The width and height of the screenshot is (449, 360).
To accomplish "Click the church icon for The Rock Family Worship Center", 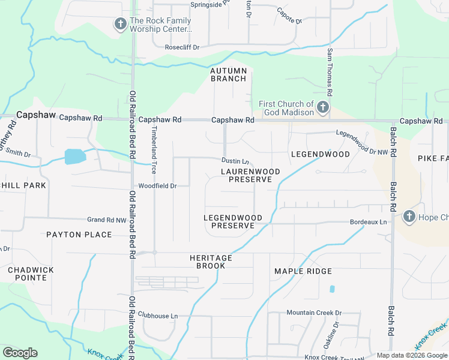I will [119, 24].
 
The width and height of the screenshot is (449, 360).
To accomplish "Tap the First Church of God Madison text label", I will [286, 109].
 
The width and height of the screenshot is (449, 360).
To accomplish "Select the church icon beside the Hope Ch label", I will [409, 216].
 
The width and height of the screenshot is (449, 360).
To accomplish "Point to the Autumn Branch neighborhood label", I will [228, 74].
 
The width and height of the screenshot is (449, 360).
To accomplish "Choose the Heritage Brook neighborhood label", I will [211, 262].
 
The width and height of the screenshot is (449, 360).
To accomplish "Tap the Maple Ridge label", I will [303, 272].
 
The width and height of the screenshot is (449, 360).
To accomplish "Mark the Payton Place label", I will [79, 235].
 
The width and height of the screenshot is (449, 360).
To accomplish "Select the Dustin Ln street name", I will [235, 161].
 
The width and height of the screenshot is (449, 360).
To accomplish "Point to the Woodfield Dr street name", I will [157, 186].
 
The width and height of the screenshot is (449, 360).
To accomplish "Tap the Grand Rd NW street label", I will [107, 220].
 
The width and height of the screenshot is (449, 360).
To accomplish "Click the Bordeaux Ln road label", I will [369, 222].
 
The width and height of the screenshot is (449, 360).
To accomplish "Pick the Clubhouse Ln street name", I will [158, 316].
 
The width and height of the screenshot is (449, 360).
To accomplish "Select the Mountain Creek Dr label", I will [313, 313].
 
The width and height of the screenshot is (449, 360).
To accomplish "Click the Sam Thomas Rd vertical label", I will [330, 74].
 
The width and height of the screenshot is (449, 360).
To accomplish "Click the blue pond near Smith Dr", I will [74, 157].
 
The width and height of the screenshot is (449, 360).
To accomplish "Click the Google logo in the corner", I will [20, 353].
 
